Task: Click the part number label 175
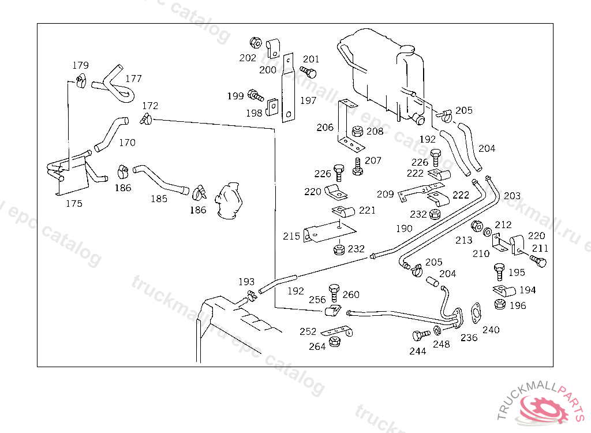(x=74, y=203)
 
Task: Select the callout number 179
(x=80, y=65)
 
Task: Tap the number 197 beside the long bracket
(x=308, y=100)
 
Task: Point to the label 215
(x=291, y=236)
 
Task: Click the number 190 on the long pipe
(x=404, y=229)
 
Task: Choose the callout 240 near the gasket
(x=491, y=330)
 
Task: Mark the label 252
(x=308, y=331)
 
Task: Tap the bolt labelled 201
(x=309, y=72)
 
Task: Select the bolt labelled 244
(x=420, y=335)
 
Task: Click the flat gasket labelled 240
(x=477, y=312)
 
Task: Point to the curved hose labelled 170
(x=109, y=133)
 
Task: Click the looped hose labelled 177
(x=115, y=85)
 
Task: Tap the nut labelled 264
(x=334, y=343)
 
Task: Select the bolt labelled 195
(x=499, y=270)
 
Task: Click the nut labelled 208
(x=357, y=132)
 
